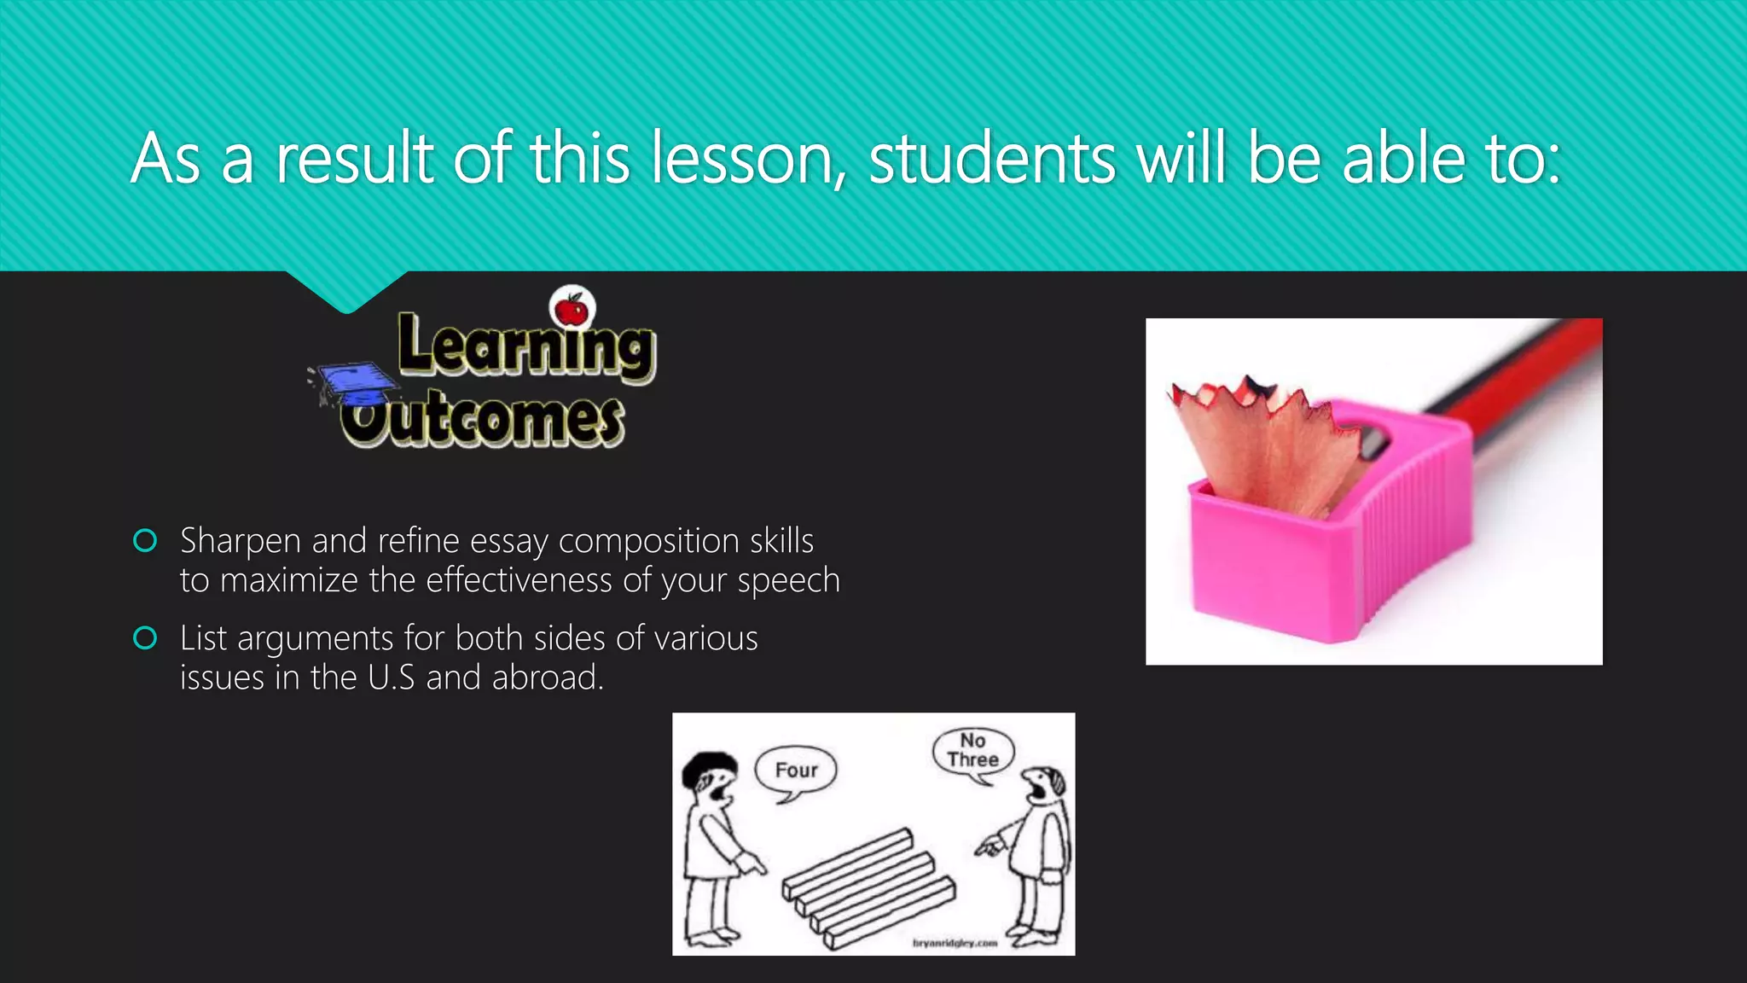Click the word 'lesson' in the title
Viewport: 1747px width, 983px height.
749,160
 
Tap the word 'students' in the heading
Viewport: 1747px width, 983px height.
992,160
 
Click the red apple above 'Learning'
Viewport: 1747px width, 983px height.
572,309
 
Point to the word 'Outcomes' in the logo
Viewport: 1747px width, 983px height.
484,420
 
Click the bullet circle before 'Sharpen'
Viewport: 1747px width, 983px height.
146,541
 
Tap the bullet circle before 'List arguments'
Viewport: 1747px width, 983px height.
146,638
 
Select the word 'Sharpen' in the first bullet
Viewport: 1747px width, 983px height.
241,542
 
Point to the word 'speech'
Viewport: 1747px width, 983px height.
789,581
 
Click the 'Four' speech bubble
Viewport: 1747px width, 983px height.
796,771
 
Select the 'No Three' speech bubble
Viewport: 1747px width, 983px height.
973,751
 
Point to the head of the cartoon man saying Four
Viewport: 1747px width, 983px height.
710,777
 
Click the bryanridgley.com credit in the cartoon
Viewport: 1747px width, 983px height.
955,943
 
